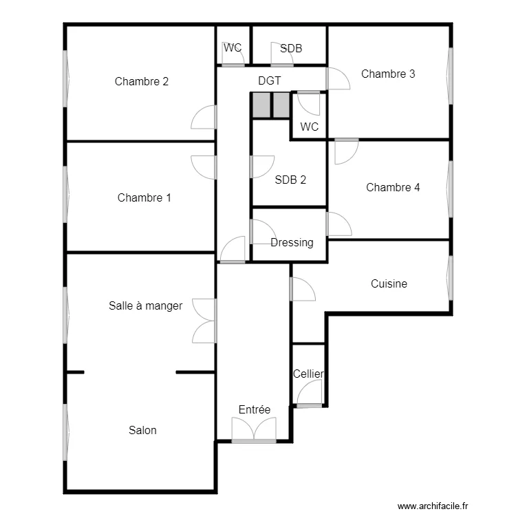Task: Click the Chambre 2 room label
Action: [142, 81]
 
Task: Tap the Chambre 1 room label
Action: [144, 198]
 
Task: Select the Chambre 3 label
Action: [388, 74]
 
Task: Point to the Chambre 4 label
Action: [393, 187]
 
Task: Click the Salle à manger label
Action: [146, 305]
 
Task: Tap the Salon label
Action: [142, 431]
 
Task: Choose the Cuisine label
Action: [389, 283]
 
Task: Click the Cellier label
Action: [308, 374]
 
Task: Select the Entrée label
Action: [255, 410]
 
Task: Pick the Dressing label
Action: [292, 243]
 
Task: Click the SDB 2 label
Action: [290, 180]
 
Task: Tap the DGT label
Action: [270, 80]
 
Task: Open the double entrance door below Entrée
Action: [254, 431]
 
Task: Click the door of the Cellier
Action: [310, 394]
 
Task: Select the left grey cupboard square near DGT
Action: [261, 105]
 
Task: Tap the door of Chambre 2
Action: [204, 118]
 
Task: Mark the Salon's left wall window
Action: [66, 432]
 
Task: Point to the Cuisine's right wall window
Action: [451, 278]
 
